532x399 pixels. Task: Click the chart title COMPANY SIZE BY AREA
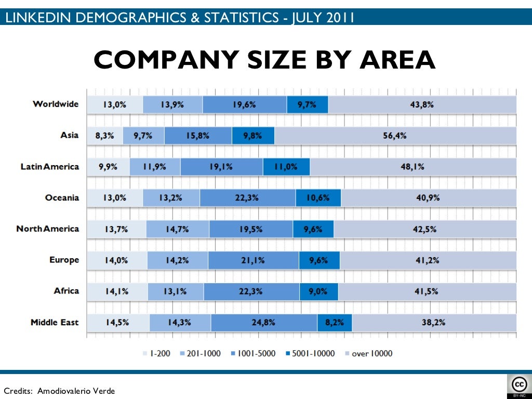pyautogui.click(x=264, y=60)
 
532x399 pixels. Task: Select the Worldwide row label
pyautogui.click(x=56, y=104)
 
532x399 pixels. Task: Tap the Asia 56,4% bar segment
pyautogui.click(x=395, y=136)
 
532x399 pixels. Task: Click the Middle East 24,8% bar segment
pyautogui.click(x=264, y=323)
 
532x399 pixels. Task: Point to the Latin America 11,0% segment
pyautogui.click(x=286, y=167)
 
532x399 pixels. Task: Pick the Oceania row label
pyautogui.click(x=62, y=197)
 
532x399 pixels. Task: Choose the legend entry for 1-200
pyautogui.click(x=156, y=354)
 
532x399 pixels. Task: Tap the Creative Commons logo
pyautogui.click(x=519, y=386)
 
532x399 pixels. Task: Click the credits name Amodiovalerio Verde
pyautogui.click(x=76, y=391)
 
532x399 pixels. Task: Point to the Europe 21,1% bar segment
pyautogui.click(x=253, y=260)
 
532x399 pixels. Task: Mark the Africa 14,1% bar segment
pyautogui.click(x=117, y=291)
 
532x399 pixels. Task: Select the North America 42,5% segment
pyautogui.click(x=425, y=229)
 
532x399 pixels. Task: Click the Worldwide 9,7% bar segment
pyautogui.click(x=307, y=104)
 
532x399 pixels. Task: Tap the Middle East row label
pyautogui.click(x=55, y=322)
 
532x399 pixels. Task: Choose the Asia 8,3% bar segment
pyautogui.click(x=105, y=136)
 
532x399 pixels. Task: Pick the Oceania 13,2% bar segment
pyautogui.click(x=171, y=198)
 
